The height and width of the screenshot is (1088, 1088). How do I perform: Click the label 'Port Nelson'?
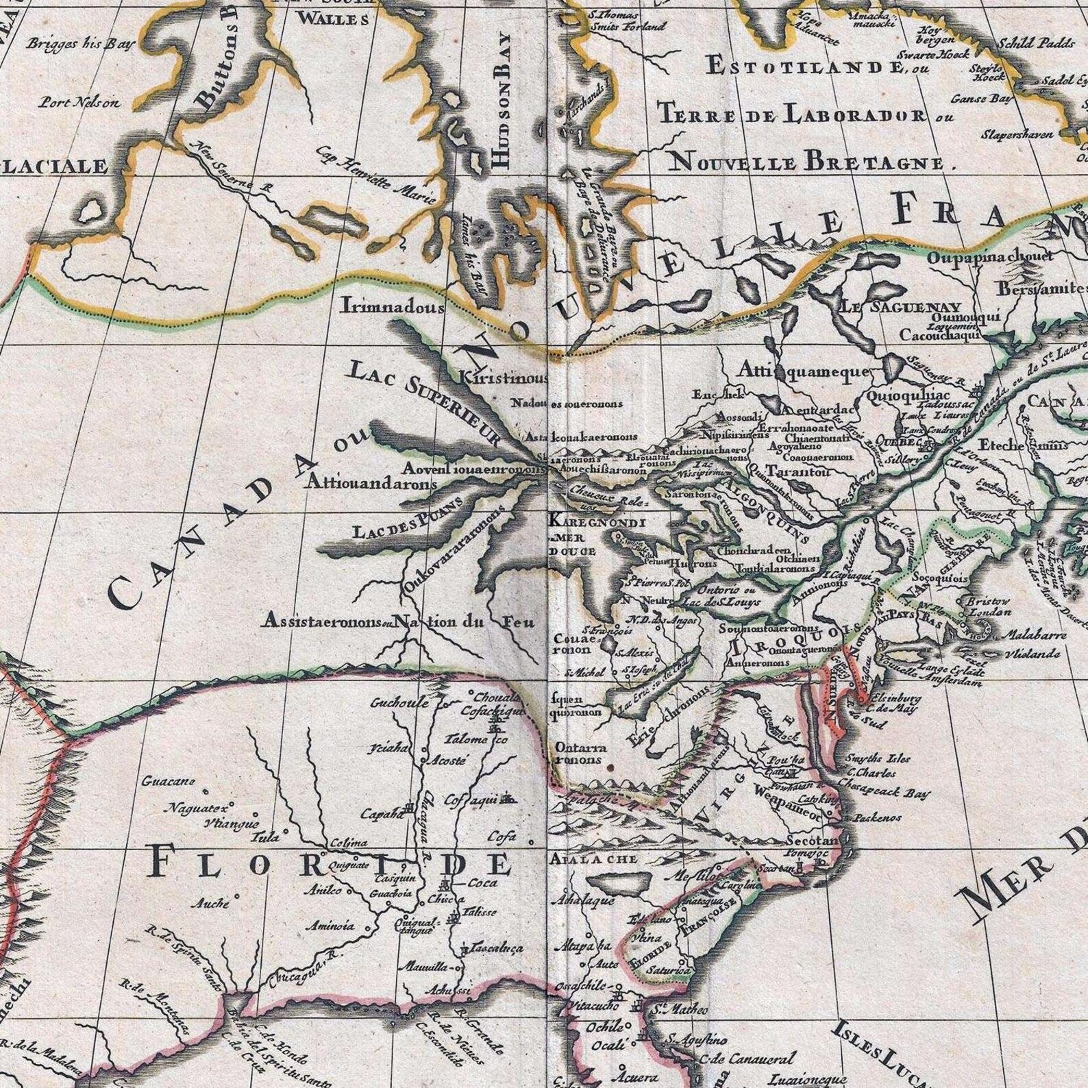click(x=80, y=103)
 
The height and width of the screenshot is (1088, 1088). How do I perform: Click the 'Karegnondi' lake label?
click(x=597, y=522)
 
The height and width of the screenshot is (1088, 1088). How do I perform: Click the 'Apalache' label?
click(x=593, y=859)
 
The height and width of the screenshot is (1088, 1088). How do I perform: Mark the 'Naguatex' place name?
click(x=199, y=810)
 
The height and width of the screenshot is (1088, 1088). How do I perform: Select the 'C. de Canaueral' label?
click(x=747, y=1059)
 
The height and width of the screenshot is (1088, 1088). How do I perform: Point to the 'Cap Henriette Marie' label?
click(x=376, y=175)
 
